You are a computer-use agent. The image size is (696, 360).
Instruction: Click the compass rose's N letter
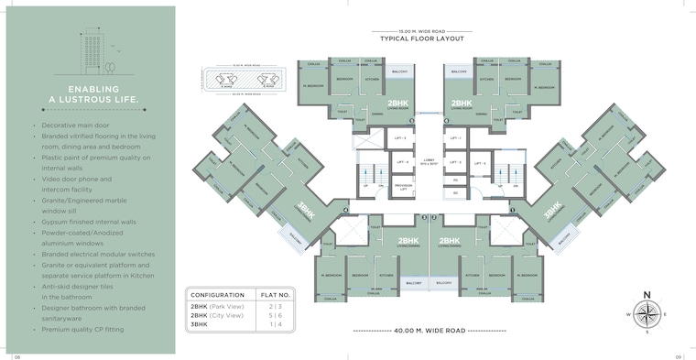coord(647,295)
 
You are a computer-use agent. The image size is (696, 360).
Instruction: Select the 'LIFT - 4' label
coord(402,163)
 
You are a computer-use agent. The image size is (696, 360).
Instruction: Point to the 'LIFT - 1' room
coord(454,137)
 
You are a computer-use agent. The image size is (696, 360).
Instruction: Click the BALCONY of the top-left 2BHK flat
coord(399,71)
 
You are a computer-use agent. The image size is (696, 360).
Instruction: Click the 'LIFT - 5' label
coord(454,163)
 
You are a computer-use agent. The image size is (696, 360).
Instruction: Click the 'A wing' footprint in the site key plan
coord(225,80)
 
